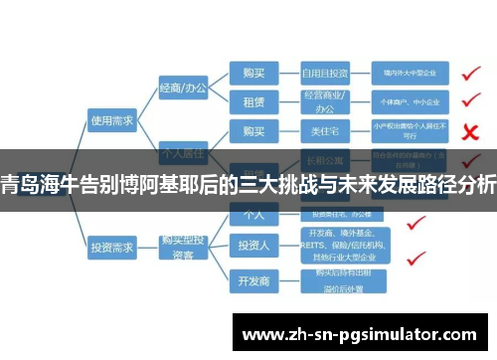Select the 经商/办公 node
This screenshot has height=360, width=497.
pyautogui.click(x=183, y=89)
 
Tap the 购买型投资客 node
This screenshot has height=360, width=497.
pyautogui.click(x=183, y=244)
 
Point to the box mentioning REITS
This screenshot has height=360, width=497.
pyautogui.click(x=339, y=246)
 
